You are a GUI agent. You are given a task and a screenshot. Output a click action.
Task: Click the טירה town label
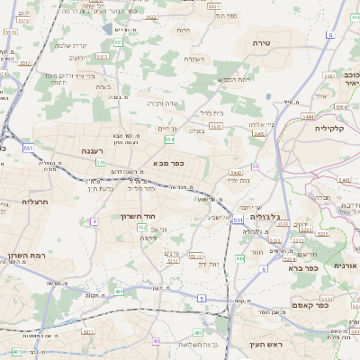[287, 42]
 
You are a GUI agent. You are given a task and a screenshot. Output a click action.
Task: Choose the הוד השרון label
[138, 216]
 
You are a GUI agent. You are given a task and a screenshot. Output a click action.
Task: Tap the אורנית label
[347, 265]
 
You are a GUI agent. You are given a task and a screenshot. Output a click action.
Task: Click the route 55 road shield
[255, 166]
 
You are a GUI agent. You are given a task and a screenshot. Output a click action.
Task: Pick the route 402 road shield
[142, 228]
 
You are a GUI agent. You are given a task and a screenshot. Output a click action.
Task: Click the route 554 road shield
[168, 138]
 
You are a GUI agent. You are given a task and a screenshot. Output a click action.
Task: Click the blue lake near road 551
[107, 28]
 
